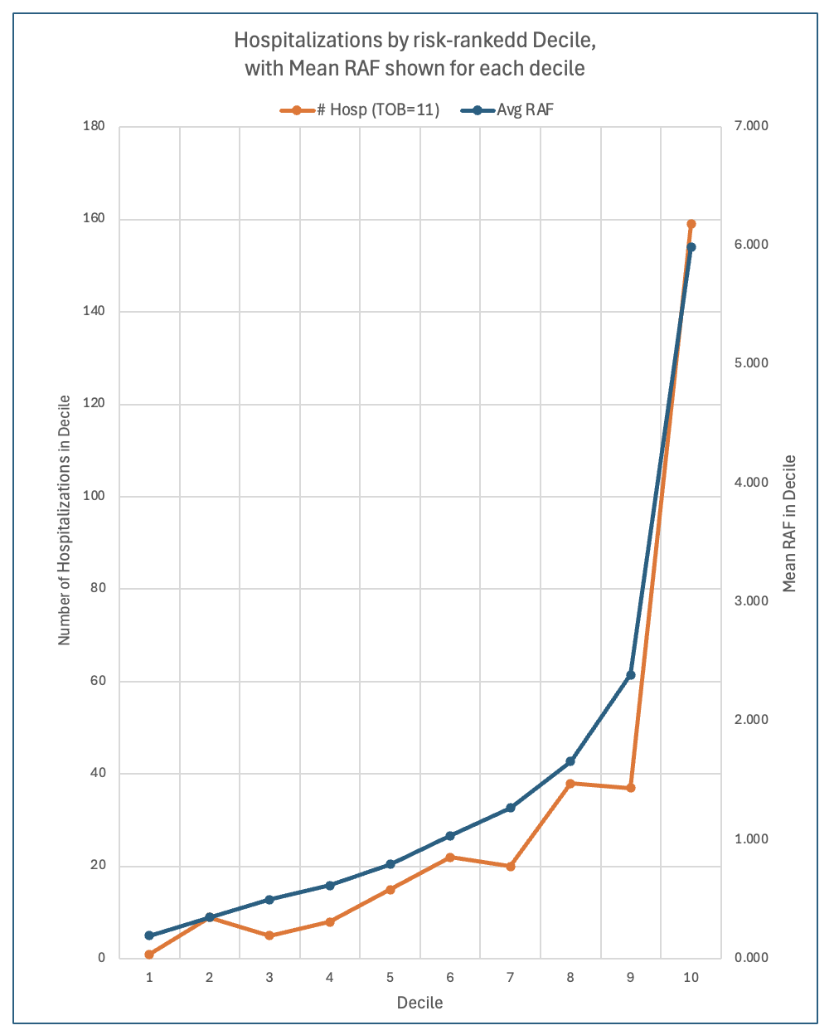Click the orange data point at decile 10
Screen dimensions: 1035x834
coord(691,224)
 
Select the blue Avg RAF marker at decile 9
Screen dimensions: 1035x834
coord(631,675)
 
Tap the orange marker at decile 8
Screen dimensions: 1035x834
coord(570,784)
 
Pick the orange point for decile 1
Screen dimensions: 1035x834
coord(149,955)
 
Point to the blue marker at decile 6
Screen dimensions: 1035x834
coord(450,836)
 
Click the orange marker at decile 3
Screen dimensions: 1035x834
coord(269,935)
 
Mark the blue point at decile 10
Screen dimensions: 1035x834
coord(691,247)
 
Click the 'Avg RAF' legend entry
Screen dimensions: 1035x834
coord(515,109)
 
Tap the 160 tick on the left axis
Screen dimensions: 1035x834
coord(95,219)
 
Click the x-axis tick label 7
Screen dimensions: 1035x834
coord(510,978)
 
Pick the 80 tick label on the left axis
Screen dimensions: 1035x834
coord(98,589)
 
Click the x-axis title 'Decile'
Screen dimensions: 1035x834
coord(419,1003)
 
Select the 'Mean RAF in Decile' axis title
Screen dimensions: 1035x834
coord(789,523)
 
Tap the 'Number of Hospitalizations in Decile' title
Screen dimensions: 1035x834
coord(64,520)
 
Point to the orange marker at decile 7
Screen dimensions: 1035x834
coord(511,867)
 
